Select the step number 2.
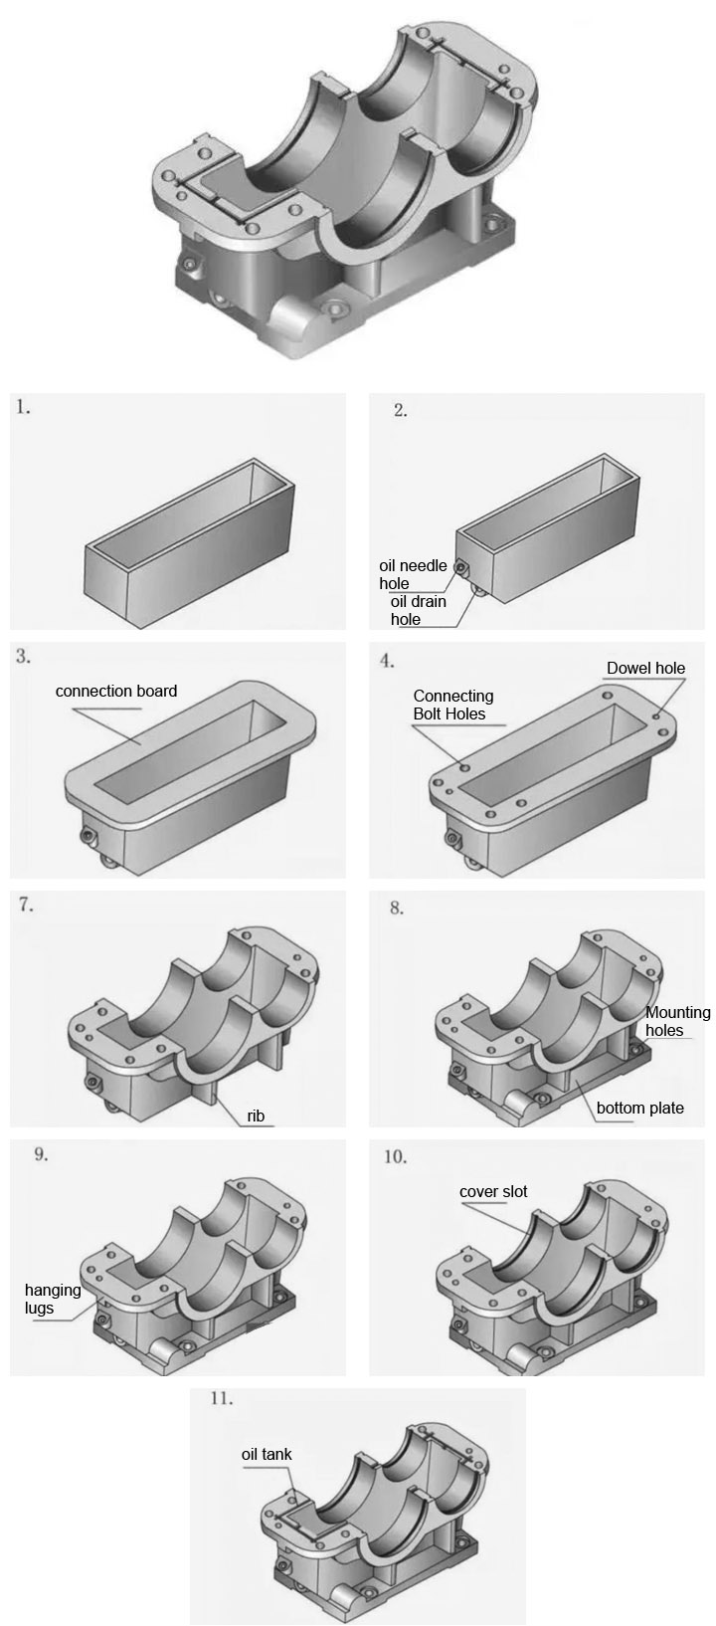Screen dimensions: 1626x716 (x=400, y=410)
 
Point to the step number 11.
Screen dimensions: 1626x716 (x=222, y=1398)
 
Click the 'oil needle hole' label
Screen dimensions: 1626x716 (x=413, y=574)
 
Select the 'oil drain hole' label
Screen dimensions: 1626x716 (x=418, y=610)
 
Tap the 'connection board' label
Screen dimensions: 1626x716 (x=116, y=691)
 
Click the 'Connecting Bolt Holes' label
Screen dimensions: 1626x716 (x=452, y=705)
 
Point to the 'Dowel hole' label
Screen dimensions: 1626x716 (x=645, y=668)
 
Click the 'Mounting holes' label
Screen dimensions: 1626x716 (x=677, y=1021)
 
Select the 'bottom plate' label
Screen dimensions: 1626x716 (x=639, y=1108)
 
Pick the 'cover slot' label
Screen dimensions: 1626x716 (x=493, y=1191)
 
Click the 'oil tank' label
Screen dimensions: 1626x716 (x=267, y=1454)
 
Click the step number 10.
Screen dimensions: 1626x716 (x=395, y=1156)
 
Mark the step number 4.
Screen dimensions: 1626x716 (x=388, y=661)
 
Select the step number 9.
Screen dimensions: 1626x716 (x=40, y=1154)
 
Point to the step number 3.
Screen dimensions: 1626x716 (x=24, y=657)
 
